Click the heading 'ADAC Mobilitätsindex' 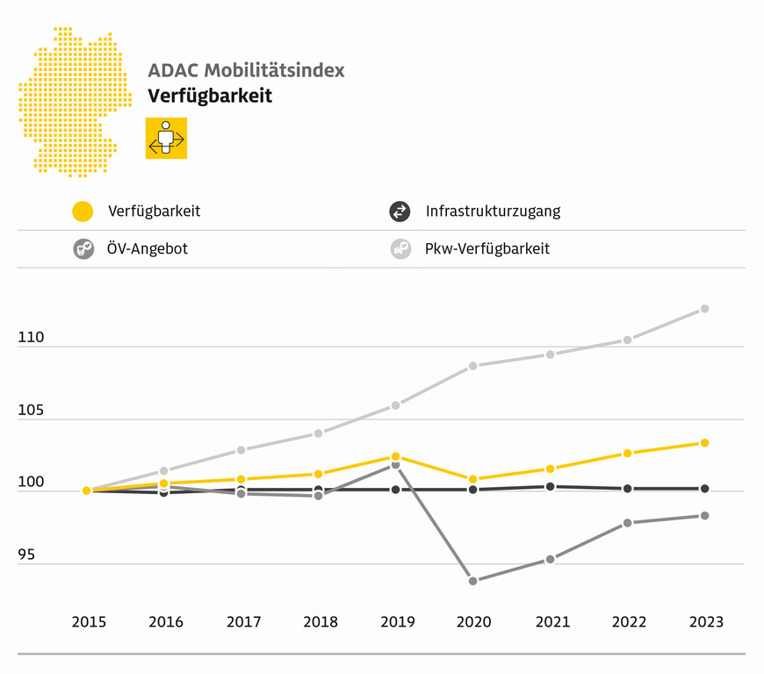(x=246, y=70)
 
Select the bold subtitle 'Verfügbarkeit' (x=210, y=96)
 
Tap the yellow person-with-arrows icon (x=166, y=139)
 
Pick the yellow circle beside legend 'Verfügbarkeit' (x=83, y=212)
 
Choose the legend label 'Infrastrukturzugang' (x=493, y=212)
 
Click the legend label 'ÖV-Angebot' (x=148, y=248)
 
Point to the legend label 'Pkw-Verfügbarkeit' (x=487, y=248)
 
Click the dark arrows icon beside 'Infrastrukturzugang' (x=400, y=212)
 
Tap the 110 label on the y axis (x=31, y=337)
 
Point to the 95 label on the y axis (x=26, y=555)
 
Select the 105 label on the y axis (x=31, y=410)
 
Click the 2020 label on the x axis (x=474, y=622)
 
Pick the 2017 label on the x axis (x=243, y=622)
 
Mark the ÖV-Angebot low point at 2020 (x=473, y=581)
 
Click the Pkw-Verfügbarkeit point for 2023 (x=704, y=309)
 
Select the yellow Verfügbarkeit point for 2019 (x=396, y=456)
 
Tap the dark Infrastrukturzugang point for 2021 (x=551, y=486)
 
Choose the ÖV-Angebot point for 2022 (x=627, y=523)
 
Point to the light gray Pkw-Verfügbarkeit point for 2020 (x=473, y=365)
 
